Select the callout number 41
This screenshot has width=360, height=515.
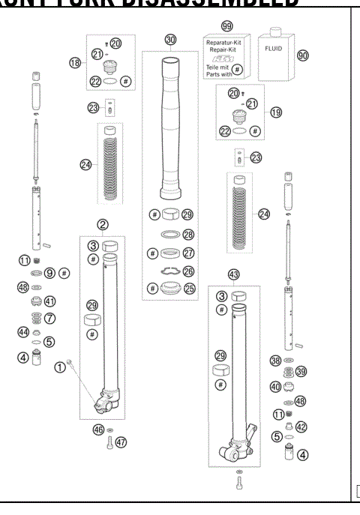pyautogui.click(x=51, y=301)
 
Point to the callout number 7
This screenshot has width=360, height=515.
pyautogui.click(x=51, y=319)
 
